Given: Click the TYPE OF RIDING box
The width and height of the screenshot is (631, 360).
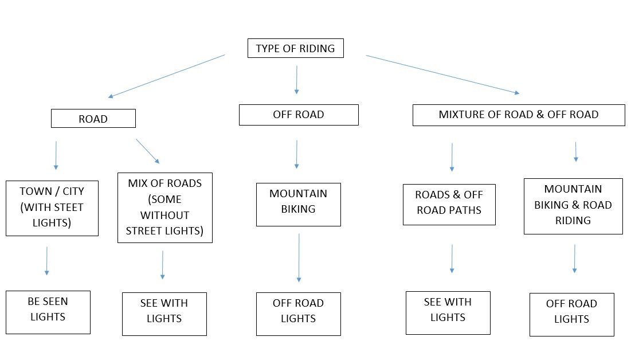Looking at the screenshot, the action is tap(295, 48).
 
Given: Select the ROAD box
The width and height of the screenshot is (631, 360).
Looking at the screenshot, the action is tap(93, 119).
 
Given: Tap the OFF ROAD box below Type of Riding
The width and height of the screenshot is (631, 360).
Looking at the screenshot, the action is tap(299, 115).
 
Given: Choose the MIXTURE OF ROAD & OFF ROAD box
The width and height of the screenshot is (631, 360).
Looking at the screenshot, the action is tap(519, 115).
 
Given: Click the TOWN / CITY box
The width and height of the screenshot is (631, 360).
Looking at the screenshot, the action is tap(52, 208).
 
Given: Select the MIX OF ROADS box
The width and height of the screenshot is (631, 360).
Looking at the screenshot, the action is tap(165, 208).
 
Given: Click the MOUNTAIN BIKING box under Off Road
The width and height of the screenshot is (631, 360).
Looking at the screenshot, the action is tap(299, 205).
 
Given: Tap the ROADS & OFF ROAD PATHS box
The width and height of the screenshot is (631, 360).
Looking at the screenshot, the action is tap(449, 205).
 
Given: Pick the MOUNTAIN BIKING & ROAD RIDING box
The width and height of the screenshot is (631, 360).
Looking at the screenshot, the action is tap(573, 206).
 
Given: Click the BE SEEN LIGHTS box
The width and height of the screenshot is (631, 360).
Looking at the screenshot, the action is tap(48, 312).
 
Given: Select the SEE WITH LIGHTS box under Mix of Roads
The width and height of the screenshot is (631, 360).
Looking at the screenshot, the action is tap(164, 314).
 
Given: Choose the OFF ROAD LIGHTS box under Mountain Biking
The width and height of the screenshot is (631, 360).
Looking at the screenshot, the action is tap(299, 314).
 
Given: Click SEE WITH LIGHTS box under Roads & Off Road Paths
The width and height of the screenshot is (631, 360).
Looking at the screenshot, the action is tap(448, 313).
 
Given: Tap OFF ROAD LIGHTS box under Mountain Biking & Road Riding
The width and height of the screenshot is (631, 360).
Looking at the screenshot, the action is tap(572, 315).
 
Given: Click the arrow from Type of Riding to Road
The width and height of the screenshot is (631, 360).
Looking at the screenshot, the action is tap(167, 76).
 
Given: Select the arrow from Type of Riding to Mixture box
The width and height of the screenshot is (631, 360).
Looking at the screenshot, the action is tap(442, 75).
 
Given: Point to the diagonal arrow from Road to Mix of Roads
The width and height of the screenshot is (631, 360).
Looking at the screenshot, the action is tap(148, 151).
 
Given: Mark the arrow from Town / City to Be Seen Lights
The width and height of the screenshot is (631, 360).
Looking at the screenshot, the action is tap(46, 261).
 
